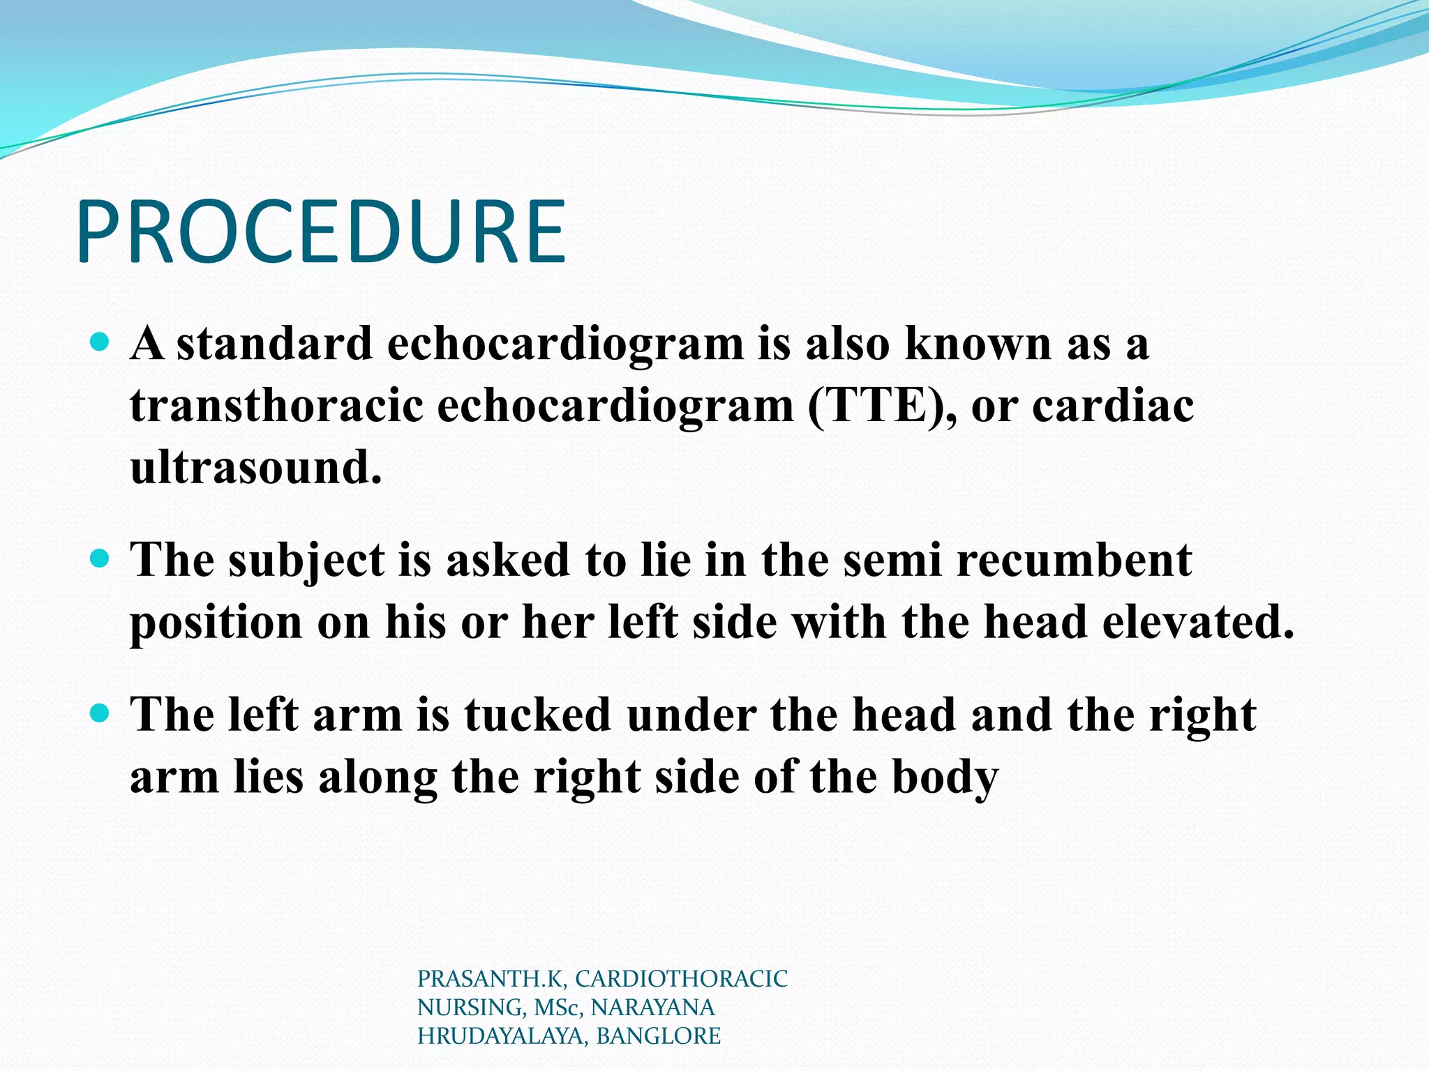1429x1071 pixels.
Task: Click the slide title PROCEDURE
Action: pyautogui.click(x=321, y=231)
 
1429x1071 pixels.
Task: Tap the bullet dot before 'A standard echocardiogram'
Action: pyautogui.click(x=100, y=342)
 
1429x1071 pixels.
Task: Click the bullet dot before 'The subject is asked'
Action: pyautogui.click(x=100, y=558)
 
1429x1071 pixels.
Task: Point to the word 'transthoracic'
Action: pyautogui.click(x=276, y=406)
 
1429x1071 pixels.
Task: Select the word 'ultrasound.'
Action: pyautogui.click(x=256, y=467)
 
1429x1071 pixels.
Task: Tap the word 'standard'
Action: pyautogui.click(x=274, y=344)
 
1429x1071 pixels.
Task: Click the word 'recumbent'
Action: pyautogui.click(x=1074, y=560)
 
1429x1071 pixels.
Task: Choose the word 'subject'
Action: pyautogui.click(x=306, y=561)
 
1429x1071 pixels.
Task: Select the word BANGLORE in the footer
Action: pyautogui.click(x=658, y=1036)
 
